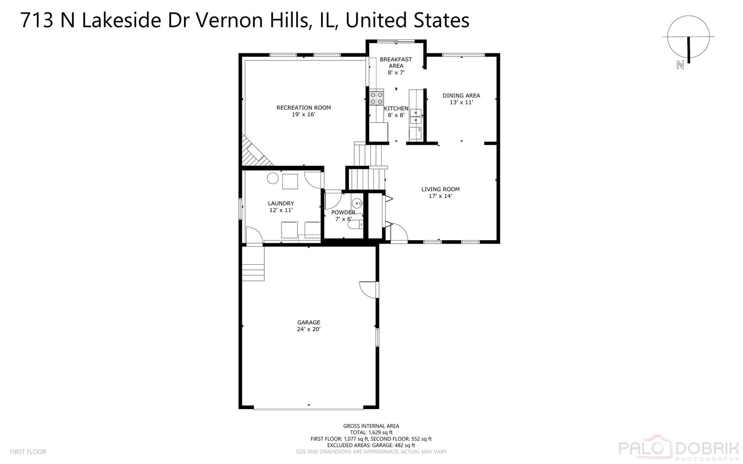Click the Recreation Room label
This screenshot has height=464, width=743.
point(303,107)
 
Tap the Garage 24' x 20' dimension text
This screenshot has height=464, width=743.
point(309,329)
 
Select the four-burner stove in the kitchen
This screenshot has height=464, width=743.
point(377,98)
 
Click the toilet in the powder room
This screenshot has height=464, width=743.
point(355,224)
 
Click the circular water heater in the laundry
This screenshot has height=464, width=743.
point(273,178)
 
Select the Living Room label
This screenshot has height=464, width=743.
point(440,189)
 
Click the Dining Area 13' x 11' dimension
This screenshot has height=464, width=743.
point(461,102)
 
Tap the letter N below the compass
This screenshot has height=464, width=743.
point(680,65)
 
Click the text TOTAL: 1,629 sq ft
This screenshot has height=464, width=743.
point(371,433)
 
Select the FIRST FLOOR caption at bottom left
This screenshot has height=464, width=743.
point(28,452)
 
